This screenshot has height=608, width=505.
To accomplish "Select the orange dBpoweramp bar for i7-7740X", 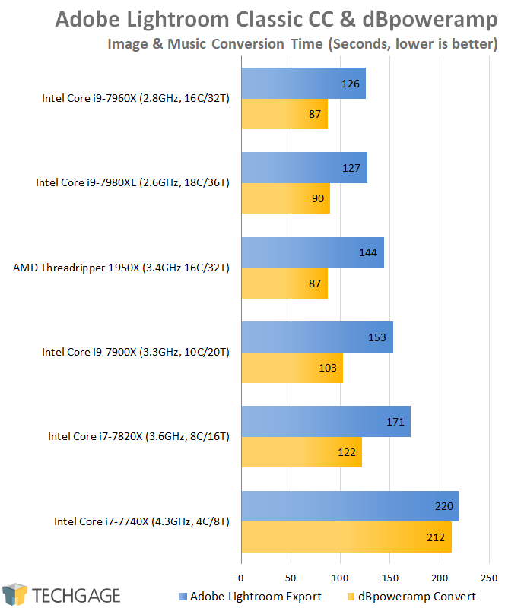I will click(x=346, y=537).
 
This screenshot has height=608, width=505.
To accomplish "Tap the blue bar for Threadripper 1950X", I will click(x=312, y=252).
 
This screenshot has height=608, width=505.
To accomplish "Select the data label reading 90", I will click(x=318, y=199).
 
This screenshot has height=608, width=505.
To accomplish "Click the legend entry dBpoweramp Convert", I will click(x=411, y=596).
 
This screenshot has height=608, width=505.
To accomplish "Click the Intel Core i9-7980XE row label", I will click(x=133, y=183).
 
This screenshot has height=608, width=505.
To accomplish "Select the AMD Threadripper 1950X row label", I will click(x=122, y=268).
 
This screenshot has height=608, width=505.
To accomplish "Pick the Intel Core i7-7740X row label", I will click(x=141, y=521).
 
